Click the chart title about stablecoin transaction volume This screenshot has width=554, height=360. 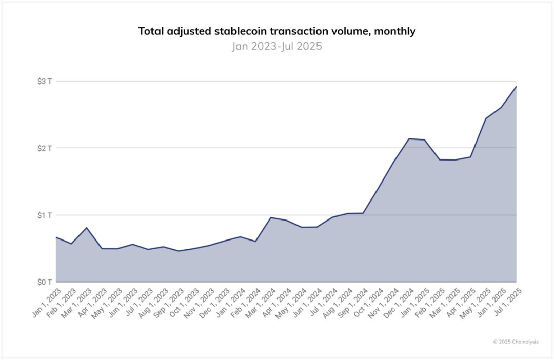click(276, 31)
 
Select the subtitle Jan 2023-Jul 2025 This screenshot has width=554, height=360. click(276, 46)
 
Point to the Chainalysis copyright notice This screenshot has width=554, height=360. click(516, 341)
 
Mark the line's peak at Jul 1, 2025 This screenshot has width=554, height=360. click(516, 87)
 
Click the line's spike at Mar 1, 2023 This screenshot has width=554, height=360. click(87, 228)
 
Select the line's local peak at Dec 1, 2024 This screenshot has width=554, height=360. click(409, 138)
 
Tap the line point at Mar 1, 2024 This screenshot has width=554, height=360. click(271, 217)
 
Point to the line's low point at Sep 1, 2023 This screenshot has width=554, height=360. click(179, 251)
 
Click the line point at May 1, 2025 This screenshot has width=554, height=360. click(485, 118)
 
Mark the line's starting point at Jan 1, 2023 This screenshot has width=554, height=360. click(56, 237)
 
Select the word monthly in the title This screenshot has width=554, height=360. click(395, 31)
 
